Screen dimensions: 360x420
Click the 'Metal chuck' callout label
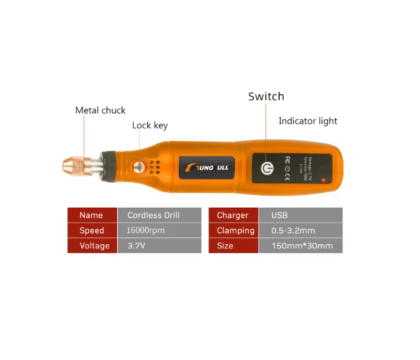pos(100,110)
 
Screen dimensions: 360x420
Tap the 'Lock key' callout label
pos(150,125)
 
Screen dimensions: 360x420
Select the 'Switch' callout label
pos(266,97)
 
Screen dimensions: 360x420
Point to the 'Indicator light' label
pos(308,121)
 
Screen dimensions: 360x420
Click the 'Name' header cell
pos(91,216)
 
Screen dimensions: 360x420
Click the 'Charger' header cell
pos(232,216)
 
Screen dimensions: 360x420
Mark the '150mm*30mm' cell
pos(301,245)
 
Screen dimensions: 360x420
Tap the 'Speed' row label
pos(91,230)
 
